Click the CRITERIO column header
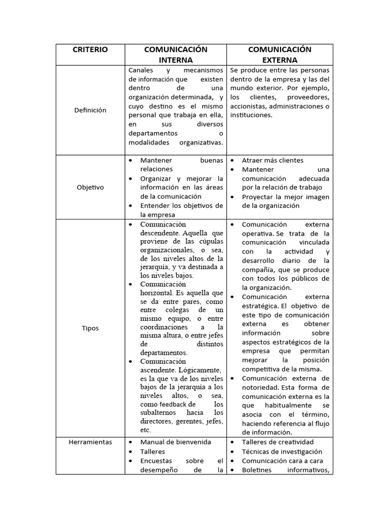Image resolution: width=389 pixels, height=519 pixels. pos(90,50)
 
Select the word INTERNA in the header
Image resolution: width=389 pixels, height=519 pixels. pos(176,60)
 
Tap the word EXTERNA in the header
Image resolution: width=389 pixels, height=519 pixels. pos(280,60)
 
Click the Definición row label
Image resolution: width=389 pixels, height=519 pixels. pos(90,110)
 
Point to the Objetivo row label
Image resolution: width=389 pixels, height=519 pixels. pos(90,187)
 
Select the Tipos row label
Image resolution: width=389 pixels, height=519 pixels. pos(90,328)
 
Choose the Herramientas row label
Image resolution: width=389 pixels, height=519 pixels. pos(90,442)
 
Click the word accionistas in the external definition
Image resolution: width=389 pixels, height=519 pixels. pos(248,106)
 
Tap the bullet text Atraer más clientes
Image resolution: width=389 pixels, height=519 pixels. pos(273,160)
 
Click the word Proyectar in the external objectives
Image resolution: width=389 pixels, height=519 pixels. pos(258,197)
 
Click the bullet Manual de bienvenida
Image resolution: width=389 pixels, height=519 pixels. pos(176,442)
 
